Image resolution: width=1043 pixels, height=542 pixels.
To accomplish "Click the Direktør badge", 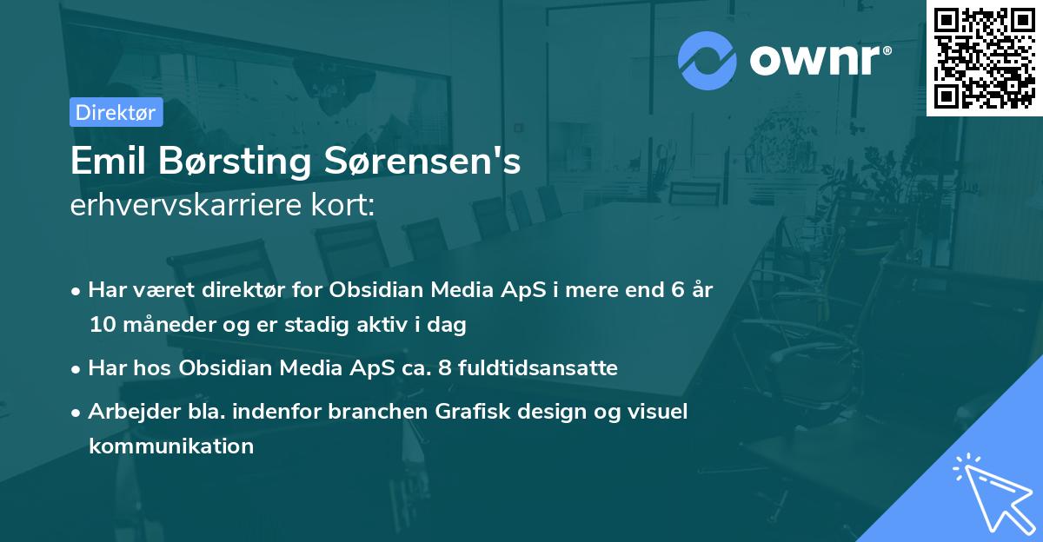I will tap(116, 112).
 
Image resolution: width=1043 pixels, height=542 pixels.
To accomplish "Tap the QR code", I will tap(985, 58).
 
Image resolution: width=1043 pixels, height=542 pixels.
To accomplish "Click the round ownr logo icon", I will tap(708, 61).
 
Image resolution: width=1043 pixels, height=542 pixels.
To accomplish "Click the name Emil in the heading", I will tap(105, 162).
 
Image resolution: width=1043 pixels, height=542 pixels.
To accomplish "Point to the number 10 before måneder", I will tap(100, 326).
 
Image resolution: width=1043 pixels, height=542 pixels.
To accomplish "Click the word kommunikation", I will tap(171, 446).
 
